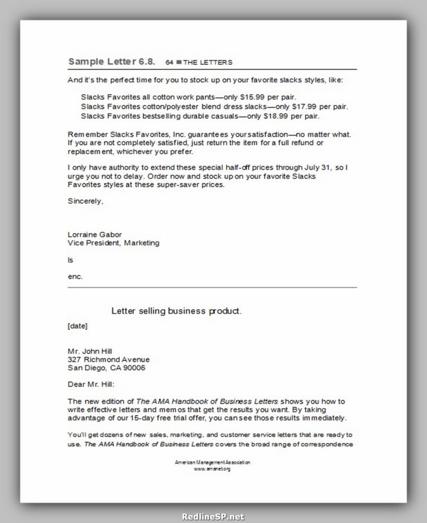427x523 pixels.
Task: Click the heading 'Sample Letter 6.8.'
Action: pos(111,61)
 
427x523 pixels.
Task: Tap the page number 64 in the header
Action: pos(170,62)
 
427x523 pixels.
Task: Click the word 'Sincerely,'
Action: pos(86,201)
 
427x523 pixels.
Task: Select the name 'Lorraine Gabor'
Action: pos(95,234)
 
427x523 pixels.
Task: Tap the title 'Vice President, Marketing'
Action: pos(113,243)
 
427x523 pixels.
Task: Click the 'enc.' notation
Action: pos(75,276)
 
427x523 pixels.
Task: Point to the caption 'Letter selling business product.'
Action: pos(176,311)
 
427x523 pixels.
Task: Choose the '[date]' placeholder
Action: pos(77,326)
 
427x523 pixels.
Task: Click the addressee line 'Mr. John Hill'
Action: pos(90,351)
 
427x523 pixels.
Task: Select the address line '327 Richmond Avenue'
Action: pos(108,359)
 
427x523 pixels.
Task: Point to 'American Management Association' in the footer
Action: pos(212,462)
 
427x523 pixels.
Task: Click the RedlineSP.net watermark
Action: pos(213,516)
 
